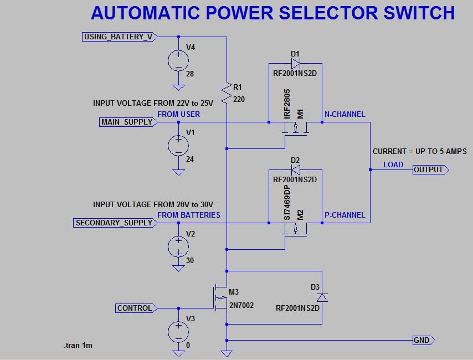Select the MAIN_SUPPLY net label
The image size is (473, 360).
(x=127, y=122)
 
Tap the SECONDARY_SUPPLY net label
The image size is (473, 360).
(x=114, y=223)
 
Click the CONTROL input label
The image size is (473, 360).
(x=135, y=308)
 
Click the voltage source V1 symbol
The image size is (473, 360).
(x=178, y=145)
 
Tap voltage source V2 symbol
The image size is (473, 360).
(x=178, y=246)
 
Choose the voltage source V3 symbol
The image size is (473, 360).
(x=178, y=331)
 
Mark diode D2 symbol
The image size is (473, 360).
(x=295, y=169)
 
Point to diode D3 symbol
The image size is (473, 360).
(x=322, y=297)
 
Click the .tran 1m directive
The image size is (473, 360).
(x=78, y=346)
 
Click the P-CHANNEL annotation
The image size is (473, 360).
(x=345, y=215)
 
